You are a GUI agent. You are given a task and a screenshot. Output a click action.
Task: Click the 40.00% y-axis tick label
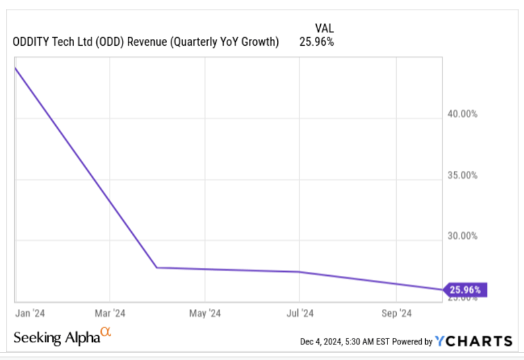(463, 114)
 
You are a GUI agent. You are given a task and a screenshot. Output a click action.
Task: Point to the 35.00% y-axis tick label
(463, 175)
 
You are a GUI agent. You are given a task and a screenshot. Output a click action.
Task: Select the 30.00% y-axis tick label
(463, 236)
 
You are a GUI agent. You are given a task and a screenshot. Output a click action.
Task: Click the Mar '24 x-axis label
(110, 313)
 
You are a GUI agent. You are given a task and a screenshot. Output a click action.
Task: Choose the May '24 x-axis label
(205, 313)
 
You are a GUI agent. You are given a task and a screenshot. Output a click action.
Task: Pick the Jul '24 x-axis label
(300, 313)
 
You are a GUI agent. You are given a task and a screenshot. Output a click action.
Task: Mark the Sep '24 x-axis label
(396, 313)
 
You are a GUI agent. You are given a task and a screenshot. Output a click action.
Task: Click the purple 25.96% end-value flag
(464, 290)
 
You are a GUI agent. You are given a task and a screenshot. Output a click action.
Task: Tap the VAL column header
(324, 28)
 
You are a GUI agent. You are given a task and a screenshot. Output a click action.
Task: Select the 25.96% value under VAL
(316, 42)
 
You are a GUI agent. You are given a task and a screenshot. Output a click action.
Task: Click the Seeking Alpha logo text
(57, 338)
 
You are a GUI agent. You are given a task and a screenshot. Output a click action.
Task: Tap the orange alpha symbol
(105, 332)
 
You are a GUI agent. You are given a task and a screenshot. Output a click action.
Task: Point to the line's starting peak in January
(15, 67)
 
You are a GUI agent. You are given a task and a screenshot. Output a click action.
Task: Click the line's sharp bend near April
(157, 268)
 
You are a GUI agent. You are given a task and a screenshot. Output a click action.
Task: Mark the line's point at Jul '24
(299, 272)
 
